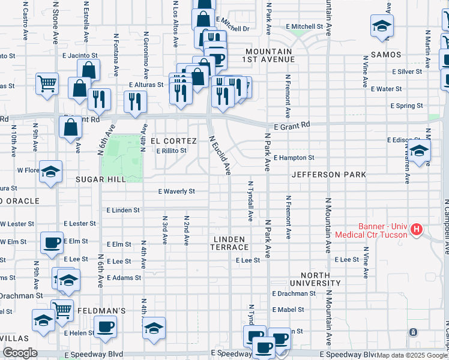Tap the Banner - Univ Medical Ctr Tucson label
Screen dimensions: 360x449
(383, 230)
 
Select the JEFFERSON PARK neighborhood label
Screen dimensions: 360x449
(328, 175)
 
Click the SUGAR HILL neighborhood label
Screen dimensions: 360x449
(100, 179)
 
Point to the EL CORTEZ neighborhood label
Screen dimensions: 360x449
(173, 141)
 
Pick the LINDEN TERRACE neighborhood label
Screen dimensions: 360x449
(229, 243)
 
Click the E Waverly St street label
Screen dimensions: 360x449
(176, 191)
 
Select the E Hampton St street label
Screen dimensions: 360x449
(294, 158)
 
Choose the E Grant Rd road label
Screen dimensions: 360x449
(294, 126)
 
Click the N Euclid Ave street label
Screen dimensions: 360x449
(219, 154)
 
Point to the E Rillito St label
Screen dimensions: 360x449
(171, 151)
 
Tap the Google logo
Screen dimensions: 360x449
(19, 353)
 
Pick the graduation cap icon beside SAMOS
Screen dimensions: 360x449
(382, 26)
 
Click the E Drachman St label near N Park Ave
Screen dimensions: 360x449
(294, 294)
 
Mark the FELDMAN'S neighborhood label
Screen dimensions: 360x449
(101, 311)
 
